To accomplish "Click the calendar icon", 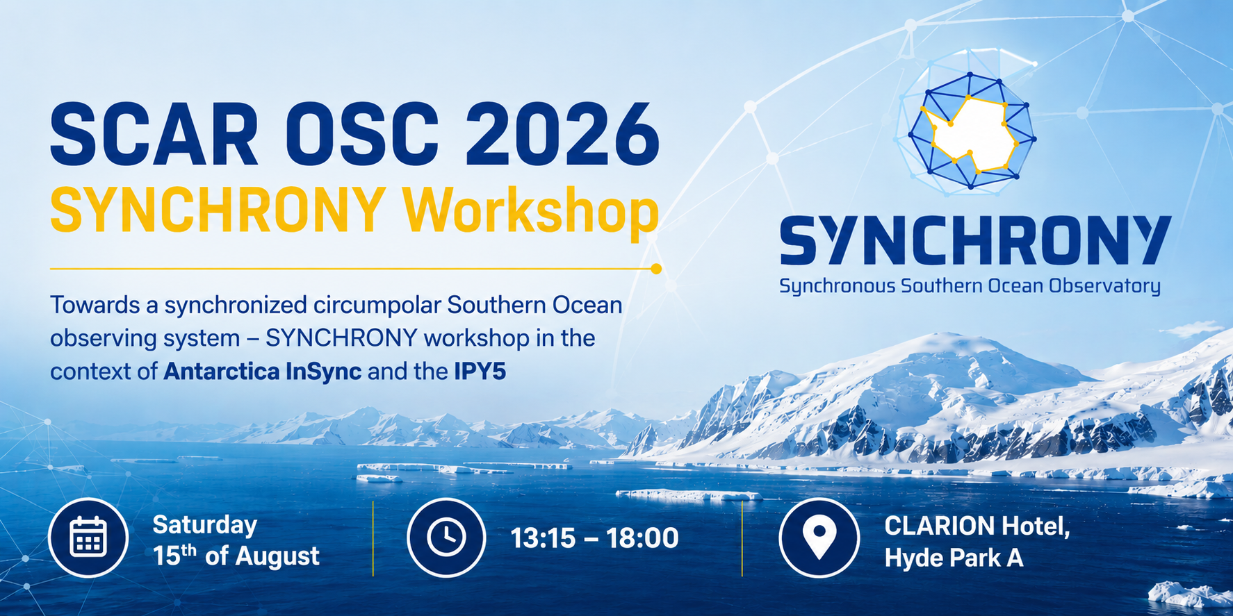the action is tap(88, 538).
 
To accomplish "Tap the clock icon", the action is tap(446, 538).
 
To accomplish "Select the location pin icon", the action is tap(819, 538).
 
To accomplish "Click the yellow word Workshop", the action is tap(530, 210).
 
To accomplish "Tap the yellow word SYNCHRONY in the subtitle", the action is tap(218, 209).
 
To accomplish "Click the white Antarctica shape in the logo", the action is tap(972, 136).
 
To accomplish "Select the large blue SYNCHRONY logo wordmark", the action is tap(975, 240).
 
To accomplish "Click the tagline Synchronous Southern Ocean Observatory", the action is tap(970, 286).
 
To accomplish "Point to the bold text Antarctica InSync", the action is tap(262, 372).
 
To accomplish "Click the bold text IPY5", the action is tap(480, 372).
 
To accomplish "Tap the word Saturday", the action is tap(205, 525).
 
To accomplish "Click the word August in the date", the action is tap(277, 556).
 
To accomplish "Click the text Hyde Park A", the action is tap(954, 558).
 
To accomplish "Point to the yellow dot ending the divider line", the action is tap(656, 269).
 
